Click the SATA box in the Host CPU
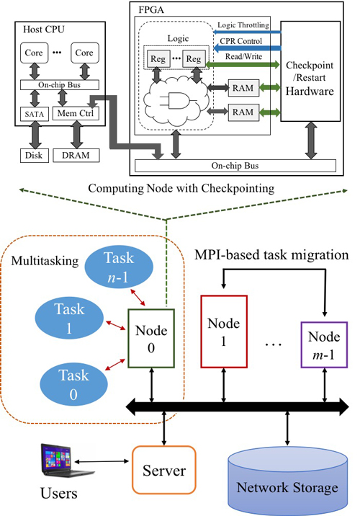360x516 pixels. coord(34,114)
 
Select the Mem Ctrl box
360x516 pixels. coord(76,113)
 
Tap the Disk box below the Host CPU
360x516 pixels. coord(34,156)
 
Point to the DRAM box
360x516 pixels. coord(76,156)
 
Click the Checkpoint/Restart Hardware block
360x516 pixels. coord(310,71)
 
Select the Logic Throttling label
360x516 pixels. coord(243,25)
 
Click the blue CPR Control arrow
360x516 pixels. coord(247,48)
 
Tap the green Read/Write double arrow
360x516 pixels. coord(243,65)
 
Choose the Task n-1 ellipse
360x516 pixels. coord(119,267)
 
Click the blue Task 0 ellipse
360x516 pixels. coord(73,384)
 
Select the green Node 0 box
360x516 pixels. coord(151,338)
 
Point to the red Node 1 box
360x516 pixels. coord(224,332)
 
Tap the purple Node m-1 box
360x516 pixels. coord(324,345)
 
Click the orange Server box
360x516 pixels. coord(164,470)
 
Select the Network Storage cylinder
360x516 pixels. coord(288,482)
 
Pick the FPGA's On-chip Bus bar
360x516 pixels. coord(235,166)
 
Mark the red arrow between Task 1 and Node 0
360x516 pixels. coord(116,325)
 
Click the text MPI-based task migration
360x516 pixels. coord(271,255)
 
